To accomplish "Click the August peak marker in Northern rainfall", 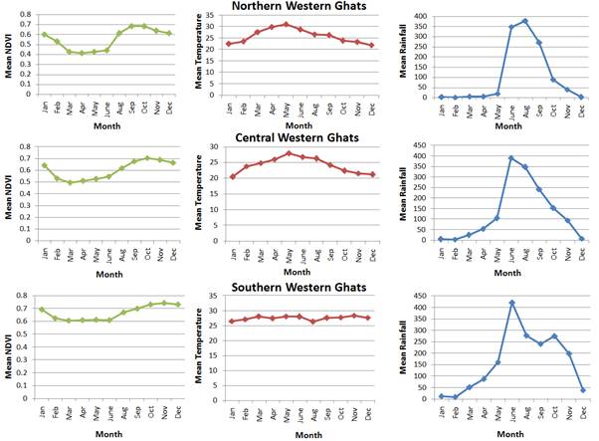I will [x=524, y=21].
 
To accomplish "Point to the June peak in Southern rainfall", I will [x=510, y=303].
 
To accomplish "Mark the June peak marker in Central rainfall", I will [x=510, y=158].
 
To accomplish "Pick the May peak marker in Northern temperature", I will [x=286, y=24].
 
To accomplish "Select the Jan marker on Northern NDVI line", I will [x=44, y=35].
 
